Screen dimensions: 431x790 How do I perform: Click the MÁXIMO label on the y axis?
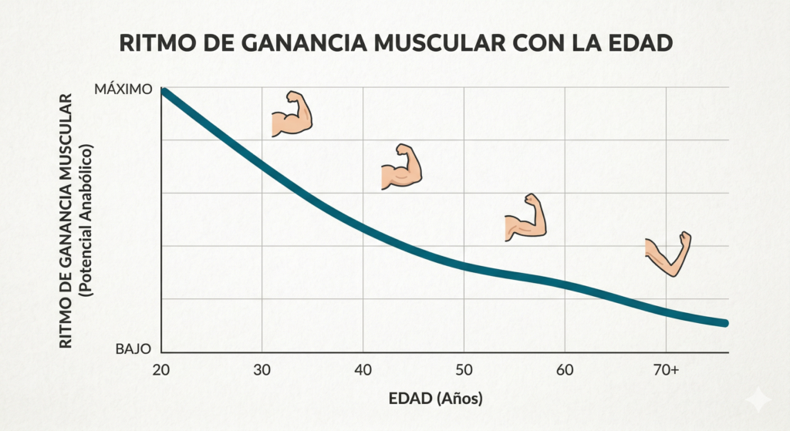tap(123, 89)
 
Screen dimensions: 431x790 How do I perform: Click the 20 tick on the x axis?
tap(161, 371)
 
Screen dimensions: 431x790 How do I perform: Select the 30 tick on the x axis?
tap(262, 371)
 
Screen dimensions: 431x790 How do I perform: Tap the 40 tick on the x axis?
tap(363, 371)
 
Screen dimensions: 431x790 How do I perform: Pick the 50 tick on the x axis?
tap(464, 371)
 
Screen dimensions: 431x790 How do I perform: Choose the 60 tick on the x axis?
tap(565, 371)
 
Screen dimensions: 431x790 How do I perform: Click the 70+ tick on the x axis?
tap(666, 371)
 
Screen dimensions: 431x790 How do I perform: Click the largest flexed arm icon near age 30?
tap(292, 115)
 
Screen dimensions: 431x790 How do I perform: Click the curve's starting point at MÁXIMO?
tap(163, 92)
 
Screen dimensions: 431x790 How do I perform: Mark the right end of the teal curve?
tap(724, 322)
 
